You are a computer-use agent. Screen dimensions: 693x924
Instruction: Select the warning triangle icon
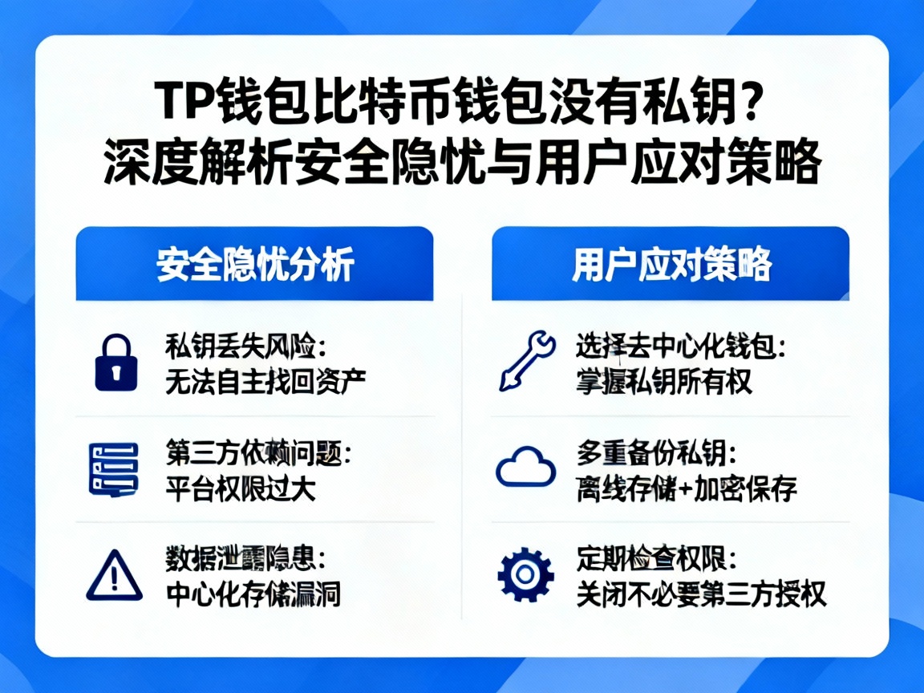point(113,575)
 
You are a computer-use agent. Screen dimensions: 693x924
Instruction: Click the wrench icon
point(526,362)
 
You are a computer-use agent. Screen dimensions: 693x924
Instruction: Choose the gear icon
point(525,574)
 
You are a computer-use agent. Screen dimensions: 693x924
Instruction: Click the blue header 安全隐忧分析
point(254,264)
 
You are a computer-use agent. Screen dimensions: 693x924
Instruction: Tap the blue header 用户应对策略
point(671,264)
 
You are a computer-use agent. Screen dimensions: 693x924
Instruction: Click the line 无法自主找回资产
point(265,380)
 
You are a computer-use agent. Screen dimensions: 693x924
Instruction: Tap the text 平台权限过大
point(240,487)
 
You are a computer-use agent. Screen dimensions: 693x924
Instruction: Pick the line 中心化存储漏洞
point(253,594)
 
